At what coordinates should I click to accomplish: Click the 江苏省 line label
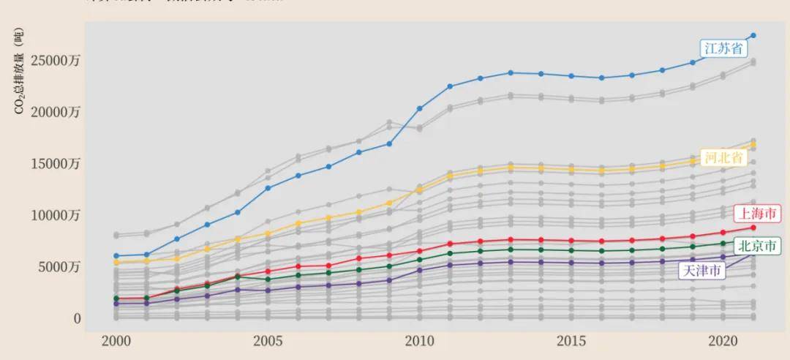click(x=723, y=49)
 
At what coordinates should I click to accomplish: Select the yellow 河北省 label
click(x=723, y=157)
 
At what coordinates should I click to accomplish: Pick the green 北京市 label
click(x=756, y=246)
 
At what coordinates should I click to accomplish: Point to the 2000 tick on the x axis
click(x=116, y=342)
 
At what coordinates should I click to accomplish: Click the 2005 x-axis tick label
click(x=268, y=342)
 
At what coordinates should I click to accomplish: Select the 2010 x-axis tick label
click(x=419, y=342)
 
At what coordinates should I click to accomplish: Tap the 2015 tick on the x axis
click(x=571, y=342)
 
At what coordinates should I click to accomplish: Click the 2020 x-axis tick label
click(x=723, y=342)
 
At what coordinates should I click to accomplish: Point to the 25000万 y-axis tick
click(x=55, y=61)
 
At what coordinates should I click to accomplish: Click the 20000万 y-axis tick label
click(x=55, y=112)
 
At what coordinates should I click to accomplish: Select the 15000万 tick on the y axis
click(x=55, y=164)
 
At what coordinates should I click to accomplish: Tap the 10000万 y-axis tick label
click(x=55, y=216)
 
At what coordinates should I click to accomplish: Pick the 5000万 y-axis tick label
click(x=59, y=267)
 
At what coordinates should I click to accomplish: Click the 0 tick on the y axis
click(x=76, y=319)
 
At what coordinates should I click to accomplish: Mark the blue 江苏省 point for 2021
click(x=753, y=35)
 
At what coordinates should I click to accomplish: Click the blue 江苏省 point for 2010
click(x=420, y=108)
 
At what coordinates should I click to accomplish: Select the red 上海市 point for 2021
click(x=753, y=228)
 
